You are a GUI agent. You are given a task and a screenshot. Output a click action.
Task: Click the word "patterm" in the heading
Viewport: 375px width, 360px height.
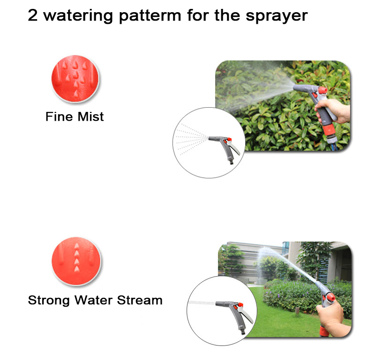(x=150, y=16)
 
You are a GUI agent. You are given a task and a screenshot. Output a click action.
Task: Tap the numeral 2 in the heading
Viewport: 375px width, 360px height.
(x=33, y=15)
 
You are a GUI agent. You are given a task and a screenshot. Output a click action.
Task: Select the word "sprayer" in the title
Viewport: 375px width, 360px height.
(x=277, y=16)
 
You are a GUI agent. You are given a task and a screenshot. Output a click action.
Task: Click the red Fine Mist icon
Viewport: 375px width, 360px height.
(x=75, y=79)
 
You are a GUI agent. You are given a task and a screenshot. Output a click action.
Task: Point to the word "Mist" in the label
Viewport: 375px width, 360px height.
(x=91, y=117)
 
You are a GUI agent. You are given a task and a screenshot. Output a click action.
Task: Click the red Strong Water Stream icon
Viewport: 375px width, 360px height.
(x=76, y=261)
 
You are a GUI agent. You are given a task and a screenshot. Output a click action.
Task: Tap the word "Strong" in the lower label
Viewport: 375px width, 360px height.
(x=49, y=301)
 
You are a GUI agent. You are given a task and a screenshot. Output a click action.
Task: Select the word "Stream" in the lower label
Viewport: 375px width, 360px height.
(x=140, y=300)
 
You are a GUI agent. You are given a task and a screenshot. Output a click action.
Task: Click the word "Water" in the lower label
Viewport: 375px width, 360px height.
(x=93, y=300)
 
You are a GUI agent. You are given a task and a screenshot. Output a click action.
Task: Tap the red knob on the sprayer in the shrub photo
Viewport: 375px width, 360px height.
(x=322, y=90)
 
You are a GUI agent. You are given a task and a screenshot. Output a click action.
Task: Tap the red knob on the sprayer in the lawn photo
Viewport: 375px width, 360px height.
(x=331, y=297)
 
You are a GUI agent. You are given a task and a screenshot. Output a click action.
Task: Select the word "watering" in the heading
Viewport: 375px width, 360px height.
(x=78, y=16)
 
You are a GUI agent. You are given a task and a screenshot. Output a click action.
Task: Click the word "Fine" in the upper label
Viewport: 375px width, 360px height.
(x=59, y=117)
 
